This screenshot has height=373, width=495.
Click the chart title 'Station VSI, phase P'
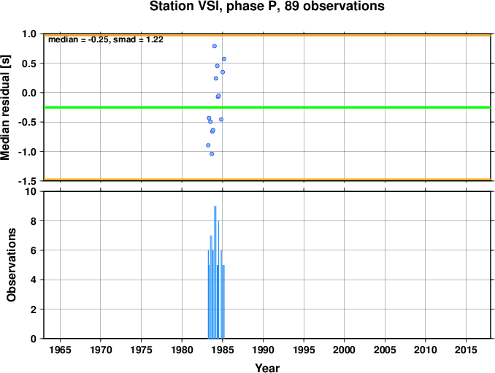[x=215, y=7]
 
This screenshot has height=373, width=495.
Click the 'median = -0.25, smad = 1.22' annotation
[x=106, y=39]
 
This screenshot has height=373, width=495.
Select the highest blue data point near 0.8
[x=215, y=46]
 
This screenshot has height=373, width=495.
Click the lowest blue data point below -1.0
[x=212, y=154]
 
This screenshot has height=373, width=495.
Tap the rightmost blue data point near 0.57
[x=224, y=59]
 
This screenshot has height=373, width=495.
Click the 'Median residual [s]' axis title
[x=6, y=107]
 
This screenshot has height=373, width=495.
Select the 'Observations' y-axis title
[x=12, y=265]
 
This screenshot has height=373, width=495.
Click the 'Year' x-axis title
[x=267, y=368]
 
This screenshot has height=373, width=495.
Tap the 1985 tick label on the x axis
[x=223, y=350]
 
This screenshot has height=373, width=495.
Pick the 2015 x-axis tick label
[x=467, y=350]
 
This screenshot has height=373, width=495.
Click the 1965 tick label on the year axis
[x=60, y=350]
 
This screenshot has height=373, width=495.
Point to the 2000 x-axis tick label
[x=345, y=350]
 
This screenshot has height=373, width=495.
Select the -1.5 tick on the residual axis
[x=28, y=181]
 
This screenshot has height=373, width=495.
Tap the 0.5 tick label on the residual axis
[x=29, y=64]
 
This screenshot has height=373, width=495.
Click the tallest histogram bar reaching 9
[x=215, y=272]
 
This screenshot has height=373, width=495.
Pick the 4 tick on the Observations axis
[x=34, y=280]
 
